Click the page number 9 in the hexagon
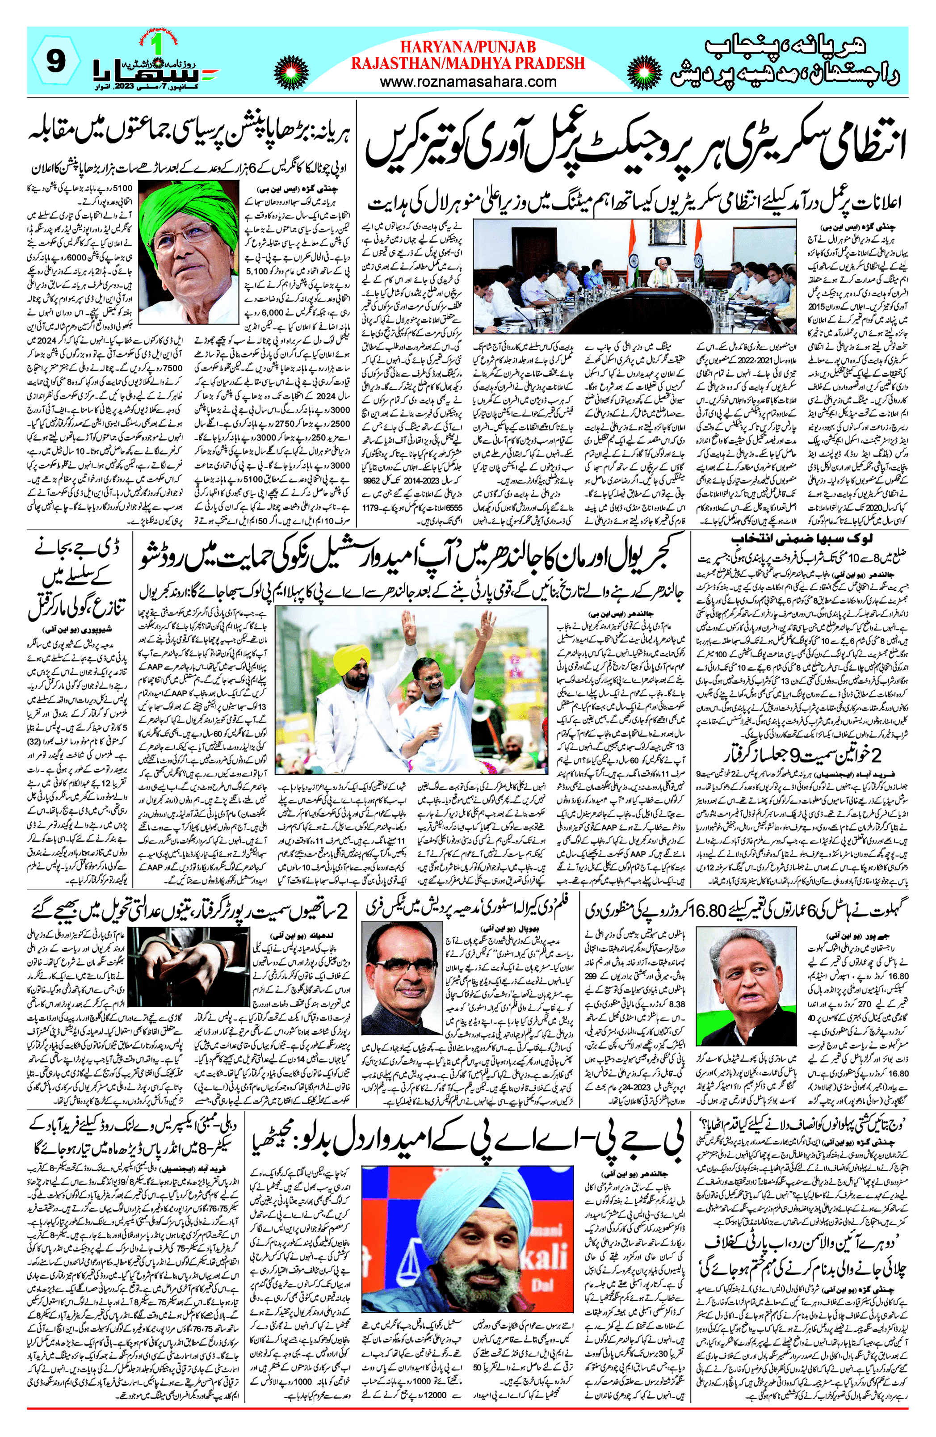click(x=55, y=61)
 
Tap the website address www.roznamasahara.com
click(x=468, y=81)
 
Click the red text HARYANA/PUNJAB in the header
click(x=468, y=47)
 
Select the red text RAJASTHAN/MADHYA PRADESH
click(x=468, y=63)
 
